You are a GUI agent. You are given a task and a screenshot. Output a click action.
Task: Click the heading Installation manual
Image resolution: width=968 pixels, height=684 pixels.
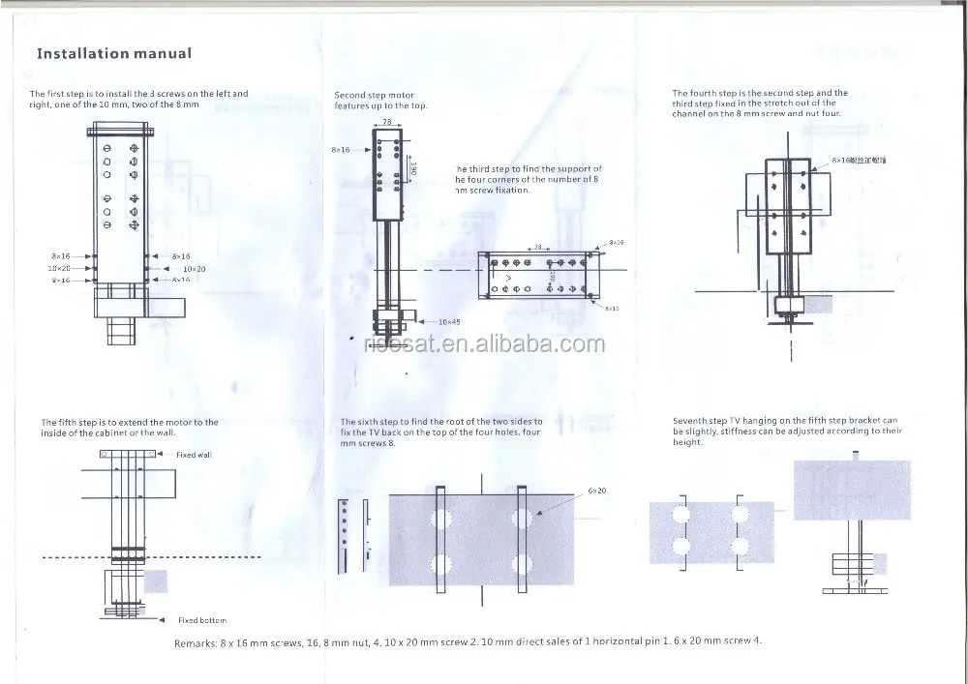pyautogui.click(x=113, y=53)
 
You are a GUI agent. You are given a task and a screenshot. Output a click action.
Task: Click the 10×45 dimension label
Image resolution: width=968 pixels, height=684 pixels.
pyautogui.click(x=448, y=320)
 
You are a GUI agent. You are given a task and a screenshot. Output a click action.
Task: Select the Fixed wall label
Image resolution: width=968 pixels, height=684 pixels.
pyautogui.click(x=194, y=455)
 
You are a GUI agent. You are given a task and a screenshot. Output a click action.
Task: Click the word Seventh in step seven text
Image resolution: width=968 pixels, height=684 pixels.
pyautogui.click(x=691, y=421)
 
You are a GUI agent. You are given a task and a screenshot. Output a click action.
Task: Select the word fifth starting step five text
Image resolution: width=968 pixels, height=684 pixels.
pyautogui.click(x=76, y=422)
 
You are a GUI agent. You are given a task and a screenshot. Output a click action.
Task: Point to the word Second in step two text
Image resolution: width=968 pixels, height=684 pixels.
pyautogui.click(x=349, y=96)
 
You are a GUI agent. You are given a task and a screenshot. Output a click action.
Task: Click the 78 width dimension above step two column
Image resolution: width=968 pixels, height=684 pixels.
pyautogui.click(x=385, y=123)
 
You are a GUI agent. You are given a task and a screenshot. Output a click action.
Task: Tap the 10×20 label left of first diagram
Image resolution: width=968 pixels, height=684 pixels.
pyautogui.click(x=59, y=267)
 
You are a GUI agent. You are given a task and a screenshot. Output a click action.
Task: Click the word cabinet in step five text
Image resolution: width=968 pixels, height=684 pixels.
pyautogui.click(x=127, y=431)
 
